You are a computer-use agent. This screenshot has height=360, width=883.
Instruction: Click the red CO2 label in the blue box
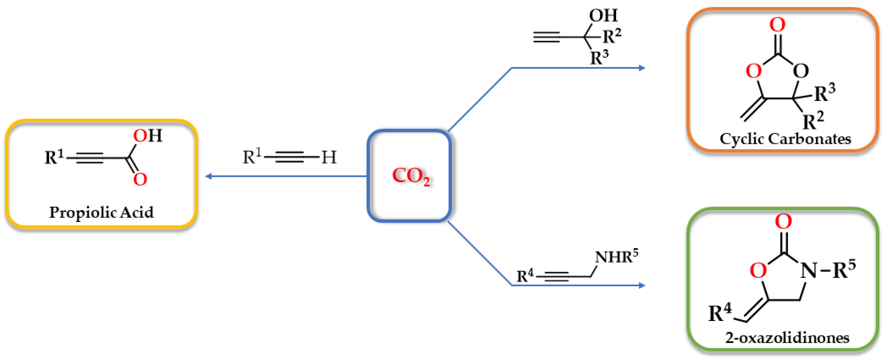410,176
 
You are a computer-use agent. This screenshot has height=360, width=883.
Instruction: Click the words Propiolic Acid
101,212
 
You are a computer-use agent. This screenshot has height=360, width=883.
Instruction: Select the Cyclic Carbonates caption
785,139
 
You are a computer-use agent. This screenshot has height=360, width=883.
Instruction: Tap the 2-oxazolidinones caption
787,338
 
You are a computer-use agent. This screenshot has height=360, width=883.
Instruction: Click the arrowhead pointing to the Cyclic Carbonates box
642,68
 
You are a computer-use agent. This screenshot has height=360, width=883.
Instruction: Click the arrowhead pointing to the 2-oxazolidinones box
642,285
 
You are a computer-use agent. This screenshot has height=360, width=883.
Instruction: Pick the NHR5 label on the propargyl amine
616,257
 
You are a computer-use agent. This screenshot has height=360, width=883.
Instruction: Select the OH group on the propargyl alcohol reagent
603,15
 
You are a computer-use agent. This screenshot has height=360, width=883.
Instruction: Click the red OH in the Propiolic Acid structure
148,136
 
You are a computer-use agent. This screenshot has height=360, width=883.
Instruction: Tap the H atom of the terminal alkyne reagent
329,157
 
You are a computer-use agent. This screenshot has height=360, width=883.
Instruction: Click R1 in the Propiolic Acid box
54,157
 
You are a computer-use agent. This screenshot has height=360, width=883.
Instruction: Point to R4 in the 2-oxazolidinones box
720,312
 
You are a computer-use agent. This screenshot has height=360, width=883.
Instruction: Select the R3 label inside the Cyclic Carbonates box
824,93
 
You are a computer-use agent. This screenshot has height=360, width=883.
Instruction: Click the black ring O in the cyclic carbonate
801,71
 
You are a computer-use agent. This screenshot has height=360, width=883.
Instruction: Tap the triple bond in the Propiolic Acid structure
90,158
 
